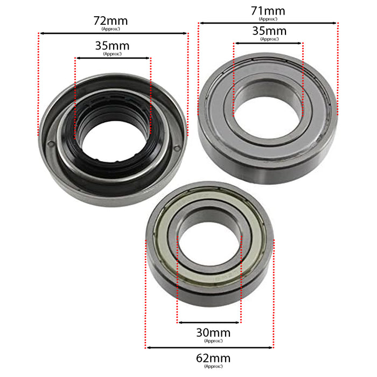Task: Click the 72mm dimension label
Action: point(113,20)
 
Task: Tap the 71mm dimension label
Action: point(268,10)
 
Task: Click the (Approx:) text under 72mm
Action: point(113,29)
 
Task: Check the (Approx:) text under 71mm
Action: point(268,18)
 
